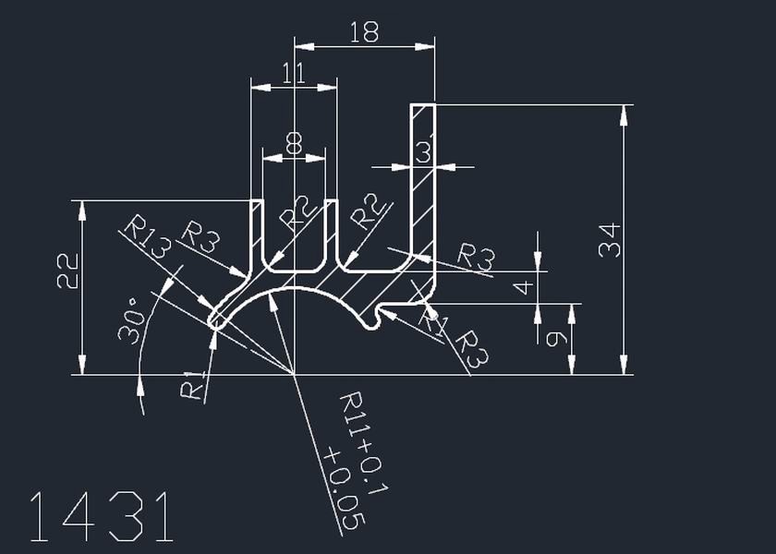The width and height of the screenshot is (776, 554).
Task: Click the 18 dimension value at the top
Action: [x=365, y=33]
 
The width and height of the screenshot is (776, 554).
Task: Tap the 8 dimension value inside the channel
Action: [x=294, y=144]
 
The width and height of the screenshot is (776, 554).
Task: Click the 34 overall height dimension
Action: [x=610, y=240]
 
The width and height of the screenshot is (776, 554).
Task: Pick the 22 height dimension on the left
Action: [x=67, y=272]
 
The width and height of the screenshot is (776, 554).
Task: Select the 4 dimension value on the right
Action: [x=524, y=287]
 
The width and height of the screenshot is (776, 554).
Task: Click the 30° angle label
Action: [x=129, y=319]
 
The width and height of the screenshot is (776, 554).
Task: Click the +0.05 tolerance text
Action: [x=341, y=488]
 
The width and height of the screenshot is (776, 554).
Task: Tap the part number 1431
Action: [x=102, y=517]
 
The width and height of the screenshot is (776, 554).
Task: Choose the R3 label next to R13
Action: [x=200, y=237]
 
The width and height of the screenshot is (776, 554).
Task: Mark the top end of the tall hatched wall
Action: [x=423, y=107]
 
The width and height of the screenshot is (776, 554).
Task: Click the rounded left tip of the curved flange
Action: [x=214, y=319]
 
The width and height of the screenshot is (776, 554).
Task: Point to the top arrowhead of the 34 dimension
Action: [x=625, y=114]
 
